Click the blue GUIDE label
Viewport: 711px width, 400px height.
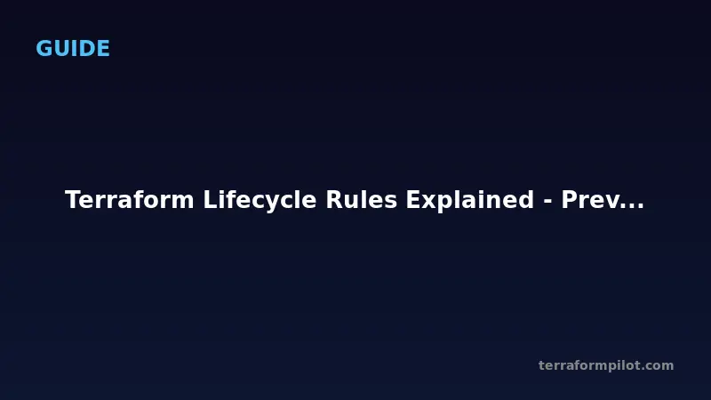73,49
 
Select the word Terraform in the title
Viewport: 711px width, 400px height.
131,201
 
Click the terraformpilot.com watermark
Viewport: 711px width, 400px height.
606,365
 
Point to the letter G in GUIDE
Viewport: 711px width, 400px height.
44,49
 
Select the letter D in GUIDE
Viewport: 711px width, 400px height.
86,49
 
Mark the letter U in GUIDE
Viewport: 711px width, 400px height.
63,49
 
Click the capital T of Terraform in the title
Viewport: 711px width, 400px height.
73,201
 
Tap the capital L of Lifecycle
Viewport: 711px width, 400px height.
209,201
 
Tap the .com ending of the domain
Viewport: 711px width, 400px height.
659,365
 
